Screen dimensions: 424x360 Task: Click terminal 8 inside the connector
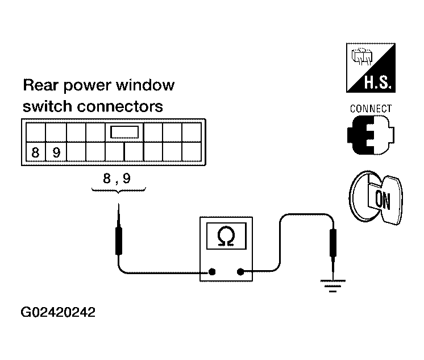36,152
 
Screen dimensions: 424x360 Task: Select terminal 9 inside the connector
56,152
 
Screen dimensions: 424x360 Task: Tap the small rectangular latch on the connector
124,132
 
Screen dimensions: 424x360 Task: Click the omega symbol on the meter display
226,236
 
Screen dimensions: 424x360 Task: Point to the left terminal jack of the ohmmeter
212,271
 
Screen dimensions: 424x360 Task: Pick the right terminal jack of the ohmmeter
240,271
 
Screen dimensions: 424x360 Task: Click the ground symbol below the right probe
333,286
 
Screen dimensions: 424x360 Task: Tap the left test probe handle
118,241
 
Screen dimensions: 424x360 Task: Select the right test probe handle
333,243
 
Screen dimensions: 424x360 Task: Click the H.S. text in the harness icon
377,82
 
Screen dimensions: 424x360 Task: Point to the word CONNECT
371,109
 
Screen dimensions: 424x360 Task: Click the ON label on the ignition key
383,200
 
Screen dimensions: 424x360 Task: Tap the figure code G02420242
58,312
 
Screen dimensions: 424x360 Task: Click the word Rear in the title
40,85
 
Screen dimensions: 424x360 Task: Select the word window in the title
145,85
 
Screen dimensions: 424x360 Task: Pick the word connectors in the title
120,106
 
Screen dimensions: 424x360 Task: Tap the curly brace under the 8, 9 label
119,191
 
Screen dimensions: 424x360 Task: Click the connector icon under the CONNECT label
371,135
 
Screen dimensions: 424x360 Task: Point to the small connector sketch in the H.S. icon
362,56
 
